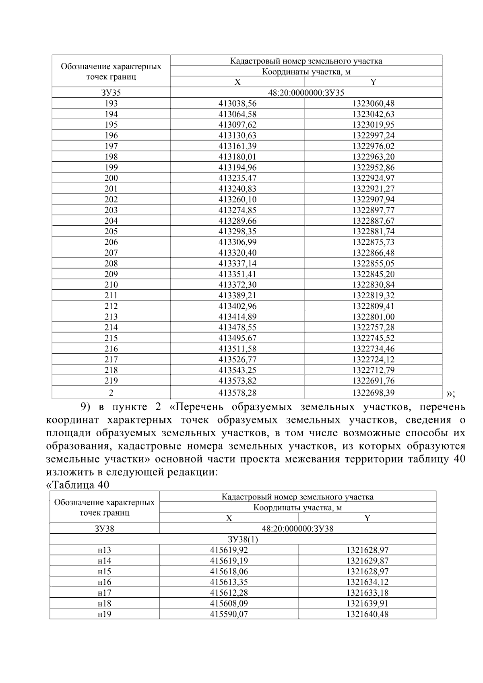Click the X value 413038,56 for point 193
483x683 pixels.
point(237,103)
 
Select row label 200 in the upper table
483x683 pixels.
point(111,178)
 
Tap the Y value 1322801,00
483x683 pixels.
point(373,317)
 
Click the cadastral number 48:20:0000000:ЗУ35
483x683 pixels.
point(306,93)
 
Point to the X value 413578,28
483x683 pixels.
point(237,392)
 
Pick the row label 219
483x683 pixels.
point(111,381)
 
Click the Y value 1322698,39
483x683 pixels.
point(373,392)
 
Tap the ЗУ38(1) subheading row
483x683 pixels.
point(243,539)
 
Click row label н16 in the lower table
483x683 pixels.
point(104,582)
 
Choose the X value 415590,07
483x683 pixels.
point(229,614)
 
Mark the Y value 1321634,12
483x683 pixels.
point(367,582)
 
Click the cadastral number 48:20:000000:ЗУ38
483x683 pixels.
point(297,528)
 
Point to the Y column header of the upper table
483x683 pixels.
point(373,82)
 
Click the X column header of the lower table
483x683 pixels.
point(229,518)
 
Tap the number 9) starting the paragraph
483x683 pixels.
point(88,407)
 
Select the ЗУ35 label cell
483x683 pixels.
point(111,93)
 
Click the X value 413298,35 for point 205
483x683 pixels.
point(237,231)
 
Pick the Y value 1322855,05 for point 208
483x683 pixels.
point(373,264)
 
